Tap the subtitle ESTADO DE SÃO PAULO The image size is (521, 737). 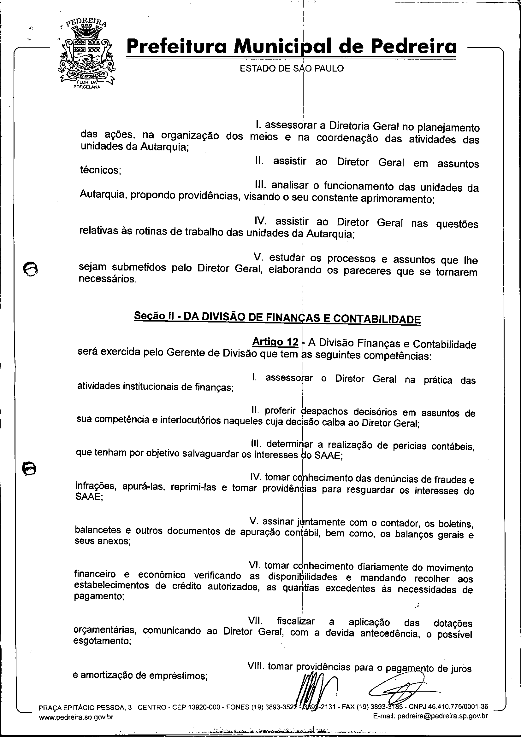pos(292,68)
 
